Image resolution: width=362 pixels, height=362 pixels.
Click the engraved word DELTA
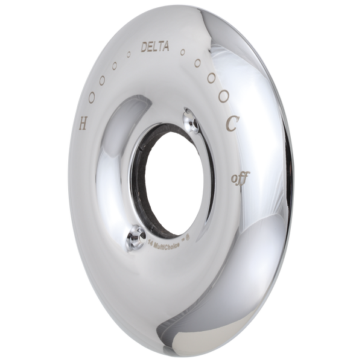tap(153, 45)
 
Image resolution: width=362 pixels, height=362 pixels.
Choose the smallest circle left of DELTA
tap(128, 56)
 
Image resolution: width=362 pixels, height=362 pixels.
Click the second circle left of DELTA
tap(115, 65)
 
